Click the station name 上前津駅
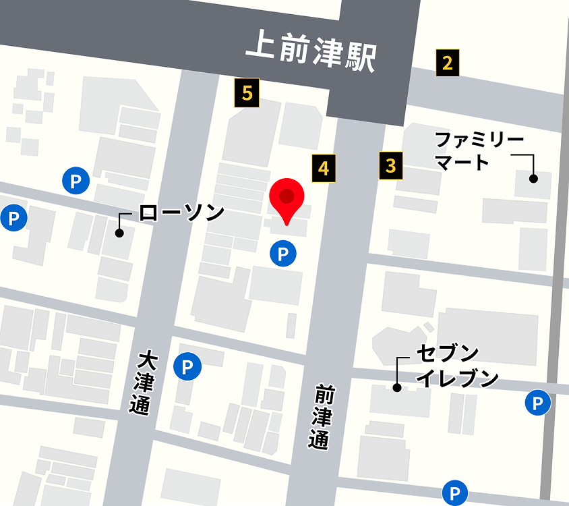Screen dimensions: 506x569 coord(310,53)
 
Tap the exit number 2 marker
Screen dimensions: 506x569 coord(447,63)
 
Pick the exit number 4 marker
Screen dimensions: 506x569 coord(324,168)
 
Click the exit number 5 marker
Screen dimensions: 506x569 coord(247,93)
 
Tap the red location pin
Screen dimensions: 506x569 coord(287,197)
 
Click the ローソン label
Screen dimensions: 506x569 coord(181,213)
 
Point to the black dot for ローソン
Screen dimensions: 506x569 coord(119,233)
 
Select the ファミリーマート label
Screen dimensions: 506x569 coord(479,151)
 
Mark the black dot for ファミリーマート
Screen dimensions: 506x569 coord(533,179)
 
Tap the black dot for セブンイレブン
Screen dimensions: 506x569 coord(397,388)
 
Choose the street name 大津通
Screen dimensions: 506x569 coord(142,382)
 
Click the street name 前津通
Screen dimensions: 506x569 coord(323,417)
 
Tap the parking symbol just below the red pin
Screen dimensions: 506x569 coord(283,254)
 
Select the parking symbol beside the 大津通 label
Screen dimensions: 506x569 coord(187,367)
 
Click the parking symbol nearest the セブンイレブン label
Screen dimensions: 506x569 coord(537,403)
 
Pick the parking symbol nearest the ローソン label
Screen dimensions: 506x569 coord(76,181)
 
